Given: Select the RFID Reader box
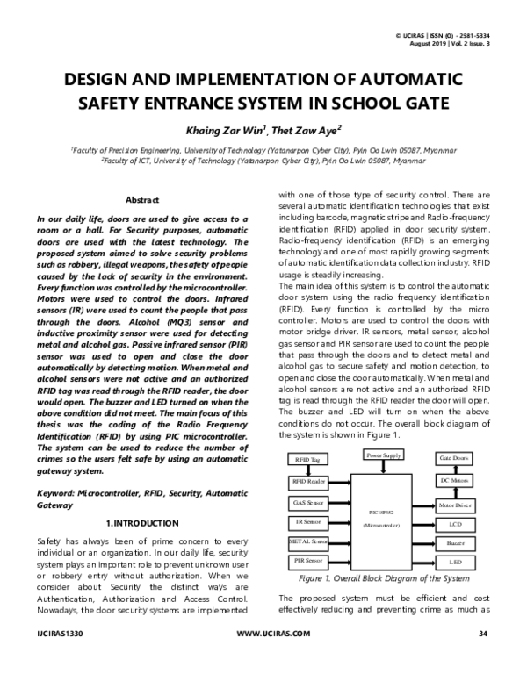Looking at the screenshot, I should tap(308, 482).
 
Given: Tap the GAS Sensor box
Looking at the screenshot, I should tap(308, 503).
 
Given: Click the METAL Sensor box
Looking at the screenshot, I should tap(308, 541).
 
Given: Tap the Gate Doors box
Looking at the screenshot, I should tap(454, 459).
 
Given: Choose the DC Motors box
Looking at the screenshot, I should tap(454, 480).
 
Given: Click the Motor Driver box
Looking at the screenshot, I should tap(454, 505).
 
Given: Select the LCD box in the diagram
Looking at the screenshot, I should tap(454, 524).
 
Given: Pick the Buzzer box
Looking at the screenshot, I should tap(454, 543).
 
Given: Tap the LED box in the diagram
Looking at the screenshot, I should tap(454, 561).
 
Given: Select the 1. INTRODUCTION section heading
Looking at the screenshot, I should tap(142, 523).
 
